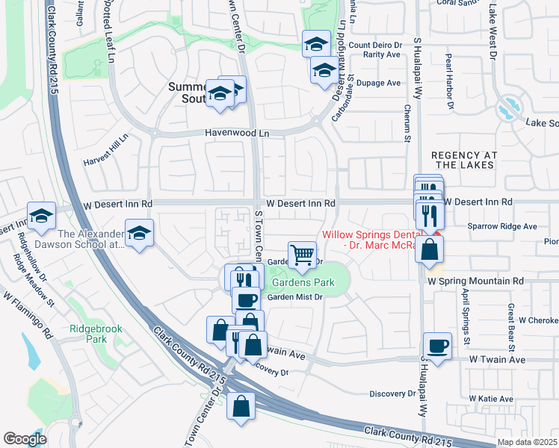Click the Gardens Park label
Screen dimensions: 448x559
pos(303,283)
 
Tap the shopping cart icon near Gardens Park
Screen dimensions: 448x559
pos(302,254)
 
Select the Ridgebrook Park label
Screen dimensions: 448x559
pos(90,333)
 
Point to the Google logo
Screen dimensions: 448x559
pos(25,439)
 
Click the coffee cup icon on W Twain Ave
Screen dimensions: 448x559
pos(438,346)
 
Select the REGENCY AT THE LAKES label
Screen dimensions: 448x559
pos(464,160)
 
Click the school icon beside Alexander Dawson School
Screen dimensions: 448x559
pos(138,233)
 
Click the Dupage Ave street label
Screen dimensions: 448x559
pos(379,83)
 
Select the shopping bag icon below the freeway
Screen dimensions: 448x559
pos(241,407)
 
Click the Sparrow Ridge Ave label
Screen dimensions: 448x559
pos(501,225)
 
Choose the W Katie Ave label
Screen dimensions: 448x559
pos(491,399)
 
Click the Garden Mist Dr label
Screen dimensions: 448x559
pos(294,297)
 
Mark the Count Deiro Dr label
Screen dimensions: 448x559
pos(375,45)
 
